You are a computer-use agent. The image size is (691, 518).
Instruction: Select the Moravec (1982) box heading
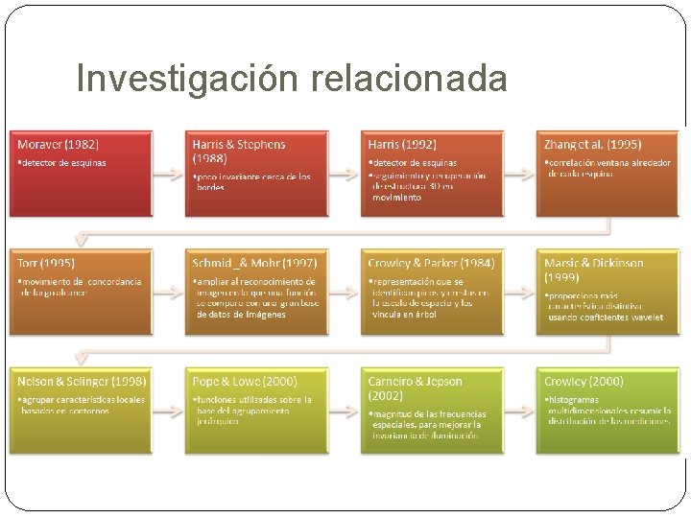pyautogui.click(x=59, y=145)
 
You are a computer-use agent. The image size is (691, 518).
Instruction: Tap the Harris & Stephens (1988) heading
pyautogui.click(x=239, y=151)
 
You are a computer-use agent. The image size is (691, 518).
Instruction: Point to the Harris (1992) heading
pyautogui.click(x=403, y=145)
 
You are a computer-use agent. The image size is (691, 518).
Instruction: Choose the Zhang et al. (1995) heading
pyautogui.click(x=593, y=145)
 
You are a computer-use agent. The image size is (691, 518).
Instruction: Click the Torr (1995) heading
pyautogui.click(x=47, y=263)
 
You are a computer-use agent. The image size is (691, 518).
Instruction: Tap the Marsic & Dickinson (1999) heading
pyautogui.click(x=594, y=269)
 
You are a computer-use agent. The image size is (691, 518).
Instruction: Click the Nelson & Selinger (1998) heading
pyautogui.click(x=78, y=382)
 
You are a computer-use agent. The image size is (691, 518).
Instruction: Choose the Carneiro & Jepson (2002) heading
pyautogui.click(x=414, y=388)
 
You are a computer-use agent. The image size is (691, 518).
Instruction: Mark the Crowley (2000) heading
pyautogui.click(x=584, y=382)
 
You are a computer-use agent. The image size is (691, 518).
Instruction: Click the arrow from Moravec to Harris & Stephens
pyautogui.click(x=168, y=174)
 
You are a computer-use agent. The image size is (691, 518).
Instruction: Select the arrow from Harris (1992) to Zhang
pyautogui.click(x=519, y=174)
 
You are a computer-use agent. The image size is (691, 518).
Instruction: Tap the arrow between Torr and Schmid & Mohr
pyautogui.click(x=168, y=293)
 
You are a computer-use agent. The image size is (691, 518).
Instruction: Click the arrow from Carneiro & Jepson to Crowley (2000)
pyautogui.click(x=519, y=412)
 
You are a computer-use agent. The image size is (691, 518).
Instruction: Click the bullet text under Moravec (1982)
pyautogui.click(x=63, y=163)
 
